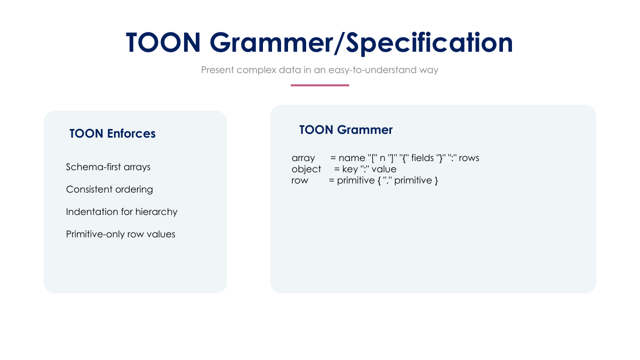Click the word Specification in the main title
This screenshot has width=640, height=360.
(425, 43)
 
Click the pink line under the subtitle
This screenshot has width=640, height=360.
(319, 85)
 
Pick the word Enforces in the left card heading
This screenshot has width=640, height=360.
(131, 134)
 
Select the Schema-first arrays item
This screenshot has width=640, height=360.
(108, 167)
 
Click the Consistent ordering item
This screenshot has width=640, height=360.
(109, 189)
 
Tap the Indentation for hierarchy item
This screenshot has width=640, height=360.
(122, 212)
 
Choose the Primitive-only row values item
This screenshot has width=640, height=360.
(121, 234)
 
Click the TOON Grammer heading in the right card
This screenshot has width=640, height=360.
(346, 130)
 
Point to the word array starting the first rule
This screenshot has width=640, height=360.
(303, 158)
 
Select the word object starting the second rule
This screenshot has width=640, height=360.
(306, 169)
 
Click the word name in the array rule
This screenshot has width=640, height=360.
(351, 158)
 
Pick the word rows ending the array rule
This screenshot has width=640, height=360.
(469, 158)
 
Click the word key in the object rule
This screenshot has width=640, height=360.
(350, 169)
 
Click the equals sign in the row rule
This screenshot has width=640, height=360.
(331, 180)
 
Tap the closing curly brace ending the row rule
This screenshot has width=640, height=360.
(436, 180)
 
